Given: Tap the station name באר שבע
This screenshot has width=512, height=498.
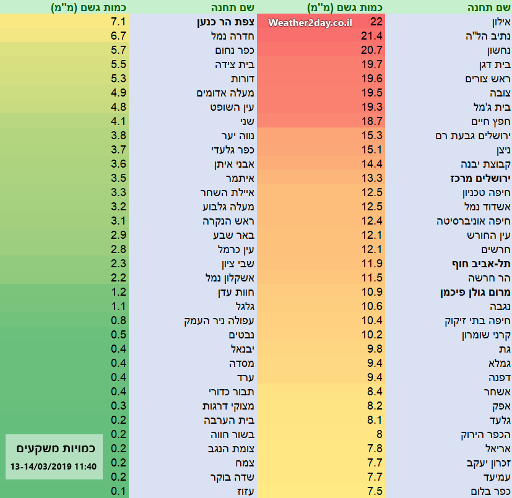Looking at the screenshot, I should [x=233, y=236].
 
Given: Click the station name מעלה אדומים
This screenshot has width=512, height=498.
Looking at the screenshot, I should [x=222, y=93].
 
